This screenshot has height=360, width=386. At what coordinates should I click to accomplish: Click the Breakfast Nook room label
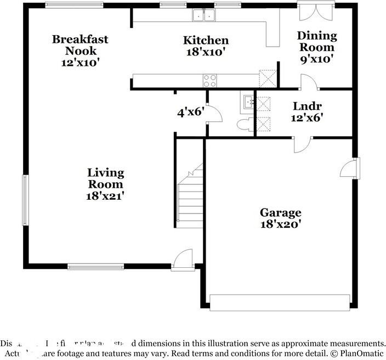coord(80,45)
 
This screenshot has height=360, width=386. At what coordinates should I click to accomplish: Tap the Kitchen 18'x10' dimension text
coord(206,53)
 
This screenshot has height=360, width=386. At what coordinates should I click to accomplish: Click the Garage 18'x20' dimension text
coord(280,224)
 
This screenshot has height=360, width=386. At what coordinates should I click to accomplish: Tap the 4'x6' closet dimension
coord(190,113)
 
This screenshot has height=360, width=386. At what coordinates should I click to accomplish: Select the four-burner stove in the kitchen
coord(210,81)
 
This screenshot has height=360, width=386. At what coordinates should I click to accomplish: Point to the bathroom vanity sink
coord(247,102)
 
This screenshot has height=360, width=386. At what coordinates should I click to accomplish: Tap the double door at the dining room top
coord(316,12)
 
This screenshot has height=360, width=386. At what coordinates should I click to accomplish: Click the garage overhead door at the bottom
coord(280,302)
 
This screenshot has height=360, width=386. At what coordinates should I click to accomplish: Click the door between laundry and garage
coord(302,144)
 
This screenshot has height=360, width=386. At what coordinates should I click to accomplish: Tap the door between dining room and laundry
coord(309,82)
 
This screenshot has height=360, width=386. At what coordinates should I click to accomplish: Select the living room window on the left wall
coord(25,200)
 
